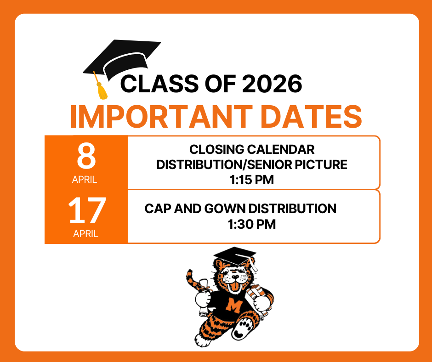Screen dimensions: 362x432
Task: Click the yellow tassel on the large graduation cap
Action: [x=102, y=92]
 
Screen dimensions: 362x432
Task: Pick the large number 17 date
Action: [x=87, y=211]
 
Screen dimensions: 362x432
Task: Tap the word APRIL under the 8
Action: [x=85, y=180]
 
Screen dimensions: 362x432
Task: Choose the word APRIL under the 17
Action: [x=85, y=234]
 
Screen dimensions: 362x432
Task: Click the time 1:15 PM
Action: [x=251, y=180]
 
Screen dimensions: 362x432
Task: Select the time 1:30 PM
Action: [x=251, y=225]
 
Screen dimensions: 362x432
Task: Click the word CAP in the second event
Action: [x=156, y=209]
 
